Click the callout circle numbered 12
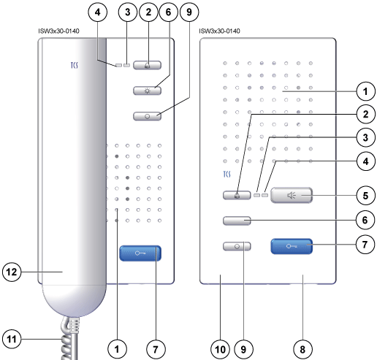pos(12,272)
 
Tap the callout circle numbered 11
pos(12,339)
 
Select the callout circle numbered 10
pos(221,350)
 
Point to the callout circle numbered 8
pos(302,350)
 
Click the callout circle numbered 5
pos(365,196)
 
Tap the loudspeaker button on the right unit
pos(292,195)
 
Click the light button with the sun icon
pos(147,91)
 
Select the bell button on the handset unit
pos(147,65)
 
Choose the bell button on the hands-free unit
pos(237,195)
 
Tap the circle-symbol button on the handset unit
pos(147,116)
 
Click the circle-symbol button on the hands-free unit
pos(237,246)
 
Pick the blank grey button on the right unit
pos(237,221)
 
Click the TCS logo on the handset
pos(75,65)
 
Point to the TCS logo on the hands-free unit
pos(226,174)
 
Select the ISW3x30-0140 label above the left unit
pos(58,31)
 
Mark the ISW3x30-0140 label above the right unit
pos(219,31)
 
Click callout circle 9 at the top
pos(189,12)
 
